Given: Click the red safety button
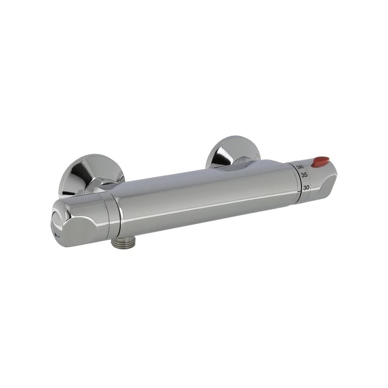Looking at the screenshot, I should pyautogui.click(x=320, y=162).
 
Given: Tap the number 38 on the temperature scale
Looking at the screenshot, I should pyautogui.click(x=300, y=167).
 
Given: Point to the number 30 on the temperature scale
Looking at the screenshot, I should pyautogui.click(x=306, y=187).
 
